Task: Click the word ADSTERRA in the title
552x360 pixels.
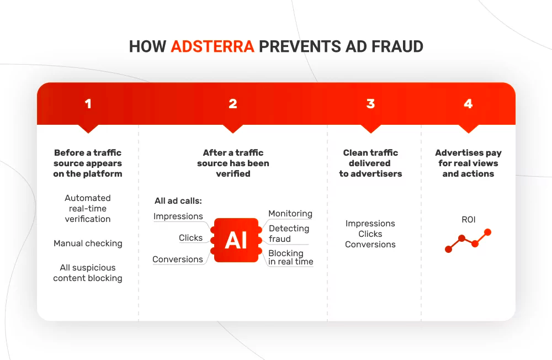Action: (x=213, y=46)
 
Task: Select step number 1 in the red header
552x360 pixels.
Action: (x=88, y=104)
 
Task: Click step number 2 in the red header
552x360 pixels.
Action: (x=233, y=104)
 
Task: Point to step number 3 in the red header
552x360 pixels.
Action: (x=370, y=104)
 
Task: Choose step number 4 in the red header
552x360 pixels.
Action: (x=468, y=104)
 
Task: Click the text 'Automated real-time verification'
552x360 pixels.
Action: (x=88, y=208)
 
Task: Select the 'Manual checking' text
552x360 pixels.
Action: (x=88, y=243)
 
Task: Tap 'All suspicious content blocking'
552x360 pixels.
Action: (x=88, y=273)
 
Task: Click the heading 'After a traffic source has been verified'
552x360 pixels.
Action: (x=233, y=163)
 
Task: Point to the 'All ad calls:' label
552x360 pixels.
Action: (x=178, y=202)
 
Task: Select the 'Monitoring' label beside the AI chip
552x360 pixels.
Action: (x=290, y=214)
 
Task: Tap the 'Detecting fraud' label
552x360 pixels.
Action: (x=289, y=234)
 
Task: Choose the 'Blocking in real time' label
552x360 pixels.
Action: (x=290, y=257)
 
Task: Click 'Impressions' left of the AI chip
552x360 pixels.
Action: (x=178, y=216)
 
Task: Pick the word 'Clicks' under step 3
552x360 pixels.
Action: (x=370, y=234)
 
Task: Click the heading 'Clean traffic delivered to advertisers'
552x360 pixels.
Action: (x=370, y=163)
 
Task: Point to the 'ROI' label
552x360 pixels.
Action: (x=468, y=220)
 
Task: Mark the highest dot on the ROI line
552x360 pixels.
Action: (x=487, y=232)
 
